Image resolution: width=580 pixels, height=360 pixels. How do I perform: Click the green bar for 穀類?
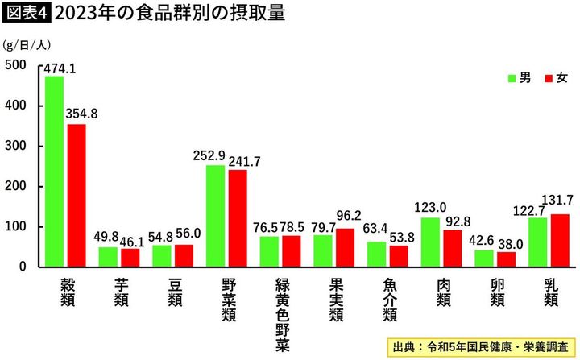pyautogui.click(x=55, y=171)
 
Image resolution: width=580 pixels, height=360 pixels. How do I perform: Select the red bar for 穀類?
pyautogui.click(x=77, y=195)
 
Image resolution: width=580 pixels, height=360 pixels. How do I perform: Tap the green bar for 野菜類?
pyautogui.click(x=215, y=215)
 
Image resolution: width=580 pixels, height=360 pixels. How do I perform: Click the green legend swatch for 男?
pyautogui.click(x=512, y=78)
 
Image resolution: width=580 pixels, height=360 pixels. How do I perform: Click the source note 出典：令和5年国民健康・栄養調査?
pyautogui.click(x=479, y=347)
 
